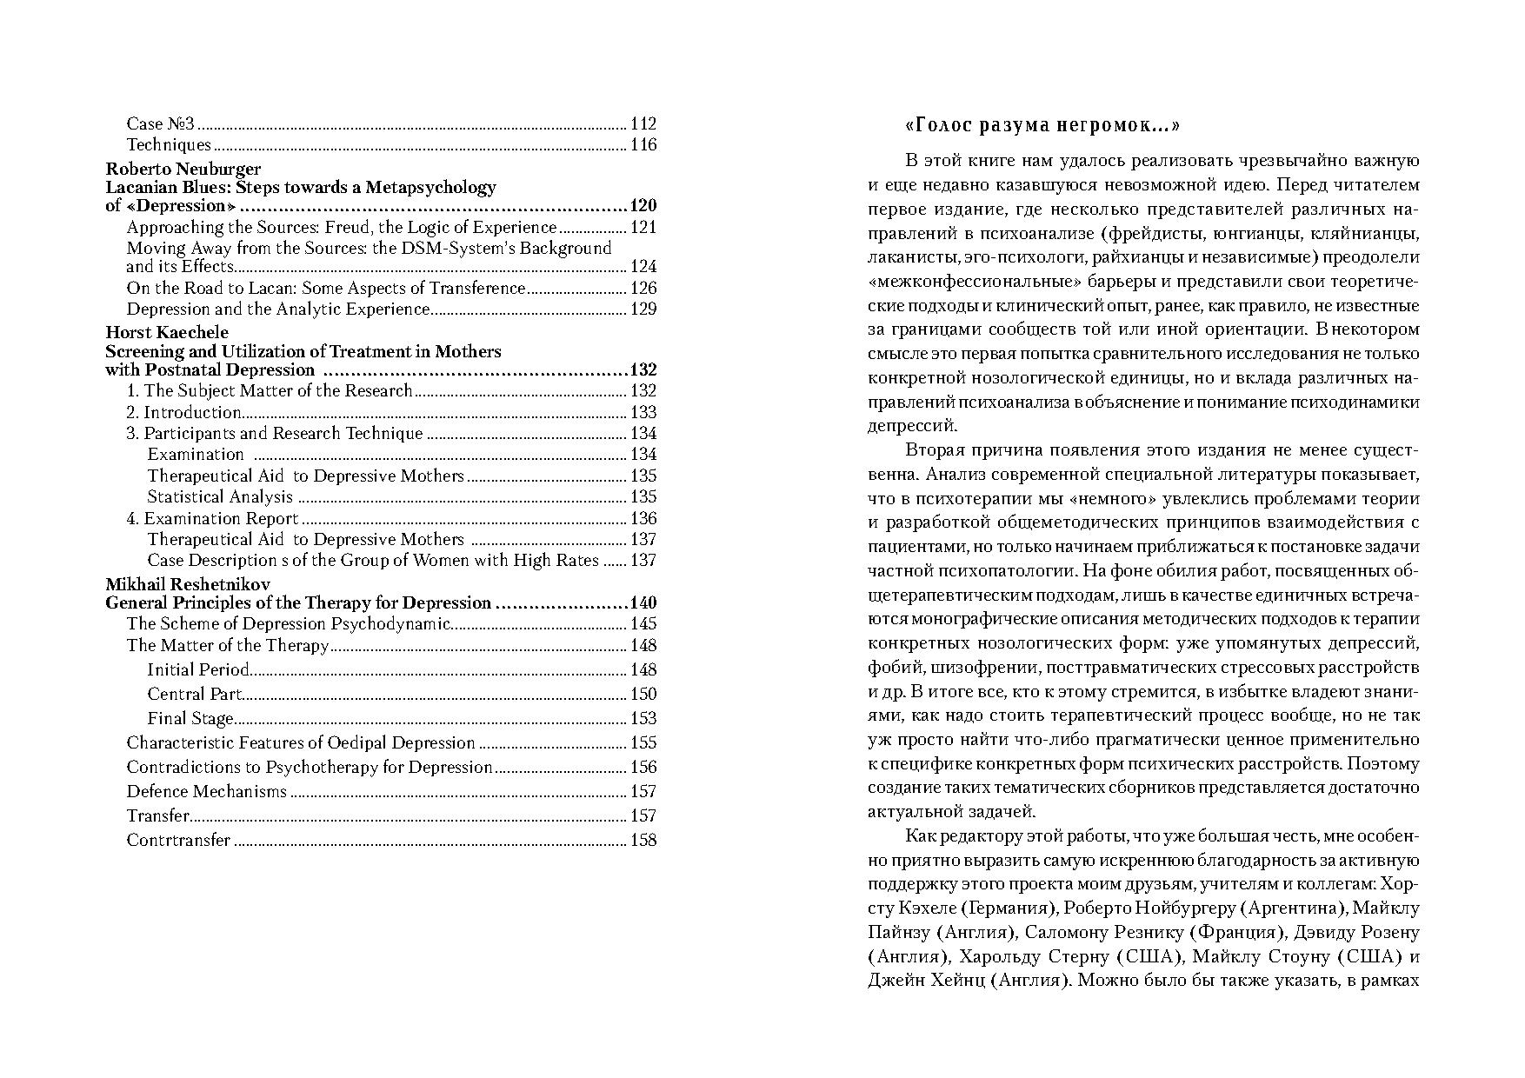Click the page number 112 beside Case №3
(643, 123)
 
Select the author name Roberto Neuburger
(183, 169)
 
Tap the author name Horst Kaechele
(167, 332)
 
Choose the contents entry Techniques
(169, 144)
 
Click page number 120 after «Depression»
(643, 206)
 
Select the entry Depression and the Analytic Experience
(278, 309)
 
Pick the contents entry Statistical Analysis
(220, 496)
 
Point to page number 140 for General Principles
(643, 602)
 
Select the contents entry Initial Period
(198, 669)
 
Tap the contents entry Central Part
(194, 694)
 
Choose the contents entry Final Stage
(190, 718)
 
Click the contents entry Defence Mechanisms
(207, 791)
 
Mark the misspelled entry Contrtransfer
(178, 840)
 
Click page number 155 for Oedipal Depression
(643, 742)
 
